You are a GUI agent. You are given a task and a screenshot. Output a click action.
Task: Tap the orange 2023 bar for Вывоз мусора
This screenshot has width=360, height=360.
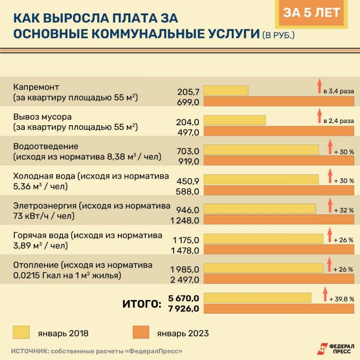279,132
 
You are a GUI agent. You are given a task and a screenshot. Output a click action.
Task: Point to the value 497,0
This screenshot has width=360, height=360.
189,132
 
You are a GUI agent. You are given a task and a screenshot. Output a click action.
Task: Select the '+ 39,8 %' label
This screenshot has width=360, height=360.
342,299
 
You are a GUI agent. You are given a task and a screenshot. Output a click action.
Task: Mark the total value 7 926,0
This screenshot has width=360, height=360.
183,309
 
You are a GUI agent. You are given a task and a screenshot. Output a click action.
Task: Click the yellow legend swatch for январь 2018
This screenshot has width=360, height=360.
22,333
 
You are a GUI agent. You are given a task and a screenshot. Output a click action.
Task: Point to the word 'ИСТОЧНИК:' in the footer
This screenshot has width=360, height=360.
30,351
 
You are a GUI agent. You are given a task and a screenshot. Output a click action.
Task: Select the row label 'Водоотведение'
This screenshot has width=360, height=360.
40,147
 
